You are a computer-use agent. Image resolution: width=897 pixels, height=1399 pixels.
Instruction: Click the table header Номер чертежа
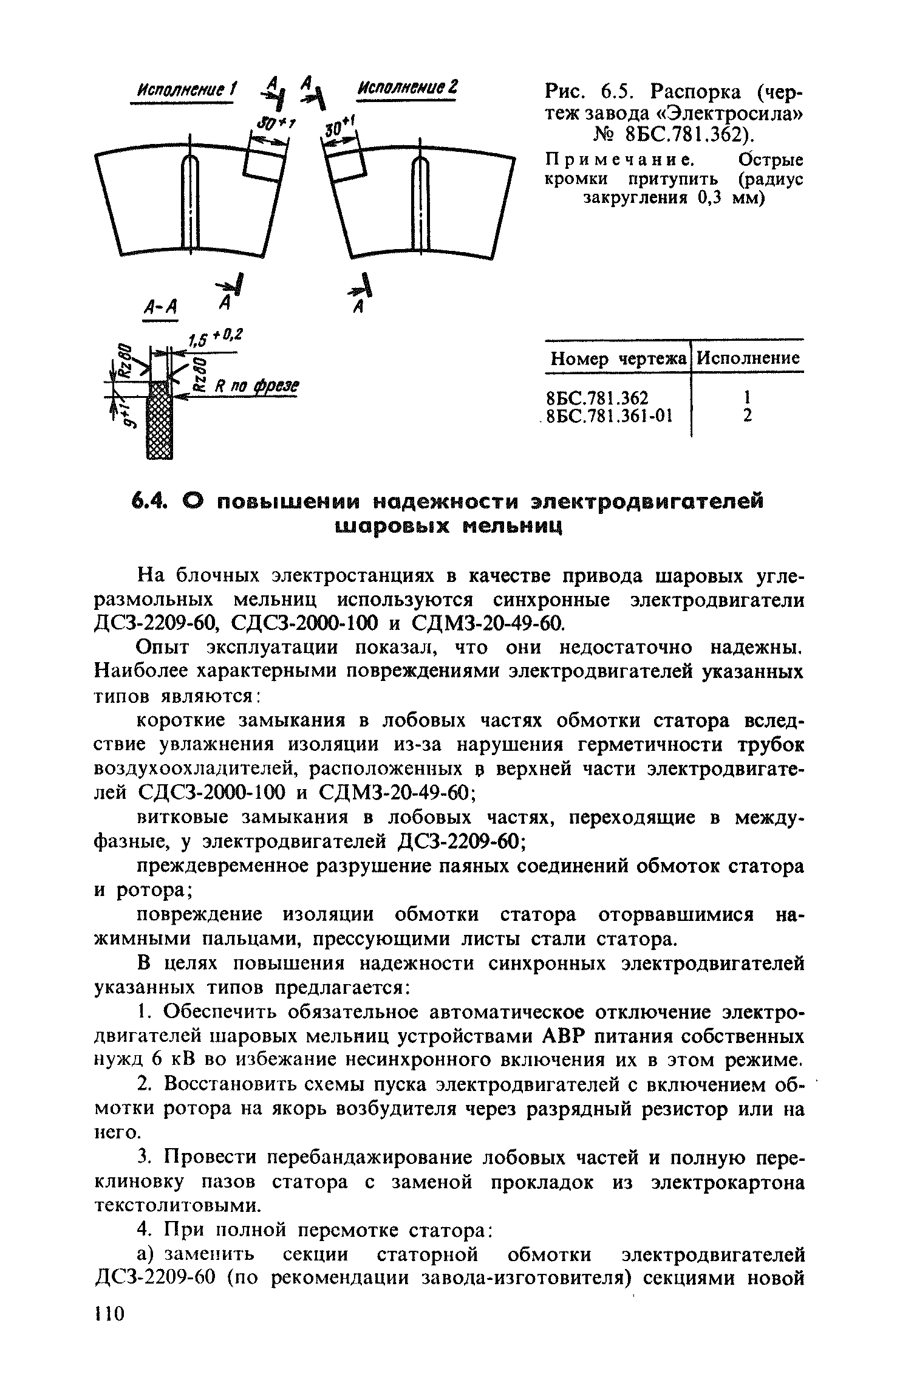619,360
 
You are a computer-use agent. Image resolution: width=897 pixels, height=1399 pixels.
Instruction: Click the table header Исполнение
748,358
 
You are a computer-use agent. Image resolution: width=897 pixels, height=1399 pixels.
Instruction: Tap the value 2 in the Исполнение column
748,416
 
